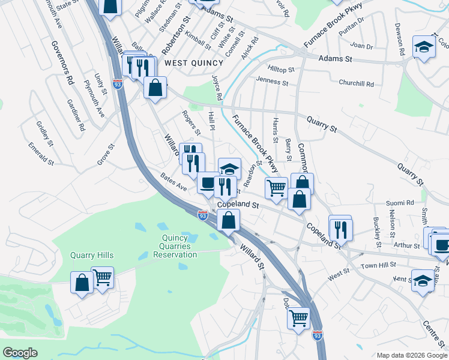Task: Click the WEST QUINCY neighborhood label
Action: tap(185, 63)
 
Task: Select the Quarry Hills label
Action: tap(92, 255)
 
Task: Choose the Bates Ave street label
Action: tap(174, 181)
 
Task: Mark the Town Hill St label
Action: tap(379, 265)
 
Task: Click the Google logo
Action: tap(20, 353)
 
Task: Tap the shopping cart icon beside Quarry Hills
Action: tap(103, 278)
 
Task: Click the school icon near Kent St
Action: tap(423, 280)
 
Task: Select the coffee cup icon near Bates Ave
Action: tap(208, 184)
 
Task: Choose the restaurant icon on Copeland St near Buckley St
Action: tap(340, 228)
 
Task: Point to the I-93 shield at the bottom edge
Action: tap(318, 335)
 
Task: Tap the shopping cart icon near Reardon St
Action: tap(276, 188)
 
